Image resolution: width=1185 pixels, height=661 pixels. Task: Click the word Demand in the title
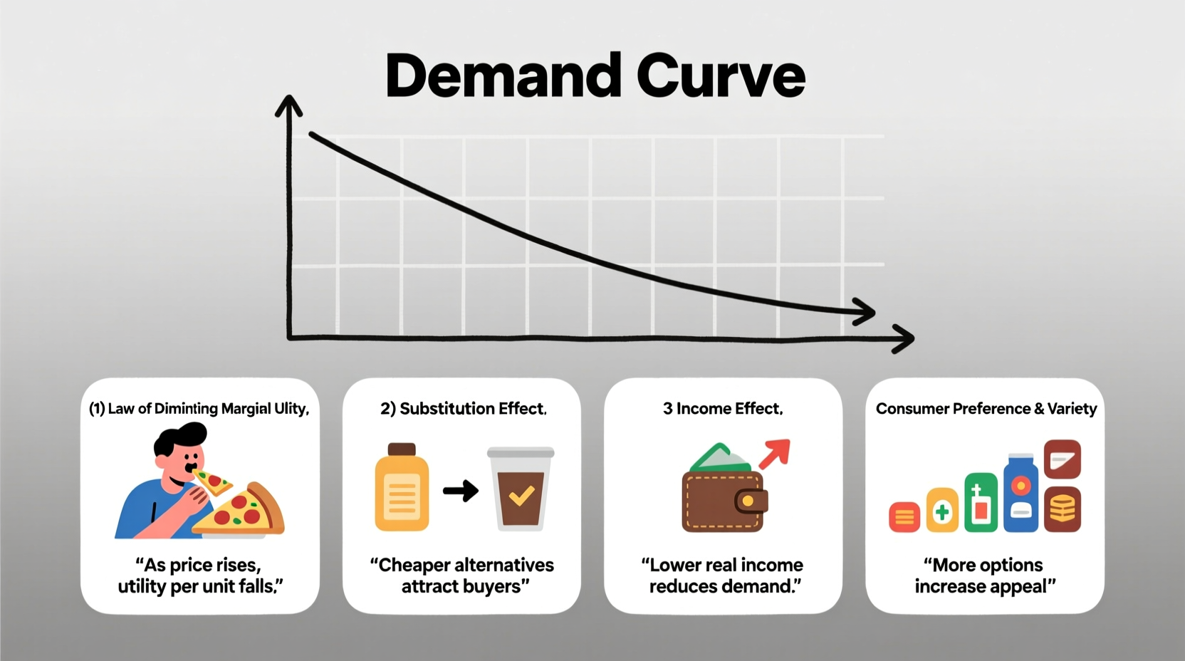click(x=503, y=76)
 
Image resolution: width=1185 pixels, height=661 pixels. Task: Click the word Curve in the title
click(x=721, y=76)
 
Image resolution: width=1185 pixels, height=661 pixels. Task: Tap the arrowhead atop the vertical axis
click(x=288, y=105)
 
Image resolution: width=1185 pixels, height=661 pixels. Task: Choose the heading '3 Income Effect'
click(x=723, y=408)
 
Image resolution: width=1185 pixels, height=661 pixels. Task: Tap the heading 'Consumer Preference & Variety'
click(x=986, y=408)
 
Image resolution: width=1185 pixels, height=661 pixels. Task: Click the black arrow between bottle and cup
click(x=461, y=490)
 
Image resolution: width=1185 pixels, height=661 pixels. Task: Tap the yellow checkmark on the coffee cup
click(x=522, y=494)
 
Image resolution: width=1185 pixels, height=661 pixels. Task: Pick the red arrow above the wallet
click(x=776, y=452)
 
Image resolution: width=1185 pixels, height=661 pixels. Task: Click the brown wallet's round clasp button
click(x=748, y=501)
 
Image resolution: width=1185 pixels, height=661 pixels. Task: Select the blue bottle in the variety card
click(x=1020, y=494)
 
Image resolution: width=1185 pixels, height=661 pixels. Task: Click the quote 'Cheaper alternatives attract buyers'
click(x=462, y=576)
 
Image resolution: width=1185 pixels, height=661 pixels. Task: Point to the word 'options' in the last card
click(x=1011, y=565)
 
